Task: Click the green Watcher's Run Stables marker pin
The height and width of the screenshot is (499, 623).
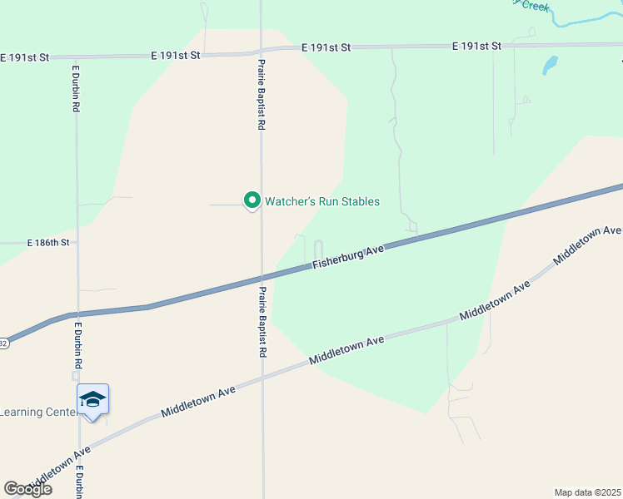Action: [x=252, y=200]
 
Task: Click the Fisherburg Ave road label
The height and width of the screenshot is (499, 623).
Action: [x=348, y=256]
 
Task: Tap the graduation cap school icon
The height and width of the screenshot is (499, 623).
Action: [x=92, y=400]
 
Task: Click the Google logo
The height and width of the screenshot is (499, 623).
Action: [x=27, y=489]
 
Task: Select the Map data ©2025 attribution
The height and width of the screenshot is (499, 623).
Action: [x=587, y=492]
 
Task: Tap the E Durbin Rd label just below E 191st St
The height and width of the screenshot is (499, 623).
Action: [x=76, y=88]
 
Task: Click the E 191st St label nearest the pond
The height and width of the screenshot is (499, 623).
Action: [x=477, y=46]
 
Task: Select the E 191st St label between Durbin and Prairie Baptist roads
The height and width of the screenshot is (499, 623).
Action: [x=177, y=55]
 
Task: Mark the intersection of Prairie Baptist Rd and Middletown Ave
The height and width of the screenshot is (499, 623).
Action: [x=263, y=376]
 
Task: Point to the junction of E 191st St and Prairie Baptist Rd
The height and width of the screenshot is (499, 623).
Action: [x=261, y=51]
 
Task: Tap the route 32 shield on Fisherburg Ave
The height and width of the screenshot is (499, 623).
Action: [x=3, y=343]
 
